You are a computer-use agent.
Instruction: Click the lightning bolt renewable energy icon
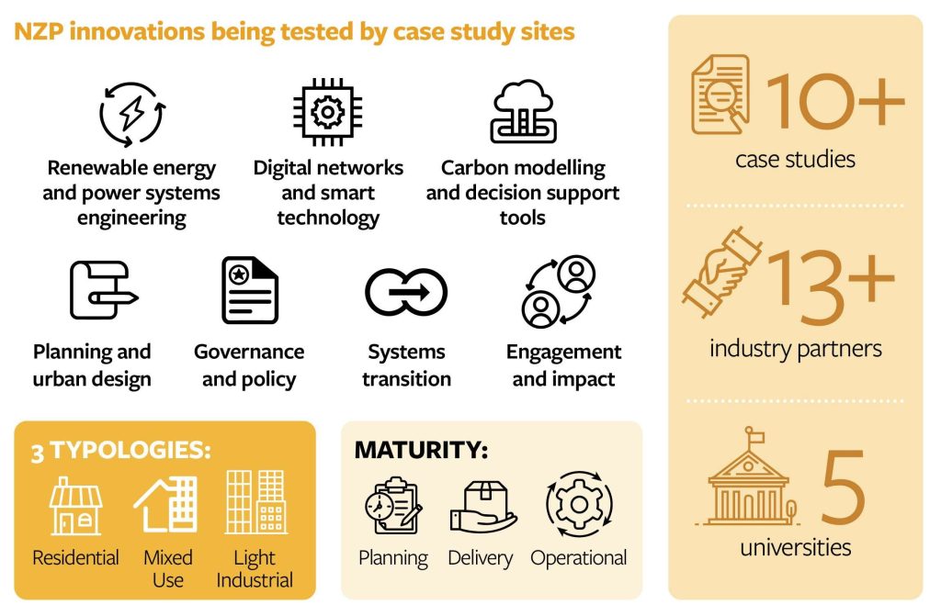132,114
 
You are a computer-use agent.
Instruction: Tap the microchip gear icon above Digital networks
328,112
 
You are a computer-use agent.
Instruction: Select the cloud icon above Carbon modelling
523,112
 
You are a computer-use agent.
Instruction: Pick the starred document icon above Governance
250,290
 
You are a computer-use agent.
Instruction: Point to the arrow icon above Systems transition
406,292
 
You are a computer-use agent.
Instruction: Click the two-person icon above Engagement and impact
559,292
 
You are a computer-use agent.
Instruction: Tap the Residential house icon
75,506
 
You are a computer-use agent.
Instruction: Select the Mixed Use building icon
165,504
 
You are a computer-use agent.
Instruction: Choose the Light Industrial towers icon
255,502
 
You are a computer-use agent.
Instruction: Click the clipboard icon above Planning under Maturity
393,506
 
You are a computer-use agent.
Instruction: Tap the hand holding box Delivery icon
483,507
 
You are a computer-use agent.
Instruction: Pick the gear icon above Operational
579,504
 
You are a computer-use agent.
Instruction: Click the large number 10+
834,101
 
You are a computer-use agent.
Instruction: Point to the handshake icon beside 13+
722,272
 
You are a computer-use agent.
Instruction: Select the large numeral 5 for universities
844,487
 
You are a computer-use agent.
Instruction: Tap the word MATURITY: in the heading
421,450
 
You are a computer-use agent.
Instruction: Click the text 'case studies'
795,159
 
